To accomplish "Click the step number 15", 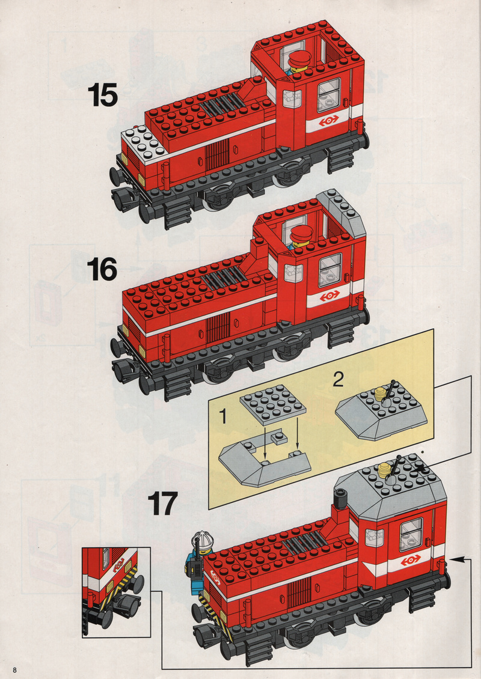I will [102, 95].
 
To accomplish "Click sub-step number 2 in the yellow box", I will [339, 379].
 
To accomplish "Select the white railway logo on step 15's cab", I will [328, 121].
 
